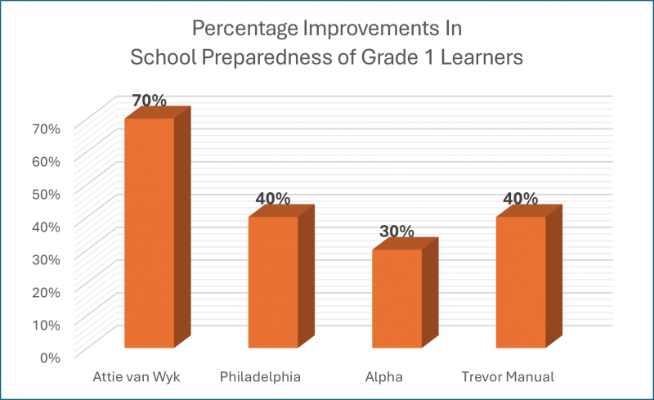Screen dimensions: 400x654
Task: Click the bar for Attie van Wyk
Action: pos(149,233)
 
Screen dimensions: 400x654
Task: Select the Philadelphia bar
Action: pos(273,282)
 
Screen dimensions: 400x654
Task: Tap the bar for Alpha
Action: pos(396,299)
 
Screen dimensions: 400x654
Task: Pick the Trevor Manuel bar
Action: pos(520,282)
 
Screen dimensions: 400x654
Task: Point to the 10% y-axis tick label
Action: pos(47,325)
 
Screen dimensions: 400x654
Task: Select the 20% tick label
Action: pos(47,292)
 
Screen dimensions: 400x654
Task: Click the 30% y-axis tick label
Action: pos(47,259)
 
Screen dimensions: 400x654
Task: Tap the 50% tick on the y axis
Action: pos(47,194)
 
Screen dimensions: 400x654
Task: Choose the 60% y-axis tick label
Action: pos(47,161)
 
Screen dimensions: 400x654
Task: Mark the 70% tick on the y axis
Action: pos(47,128)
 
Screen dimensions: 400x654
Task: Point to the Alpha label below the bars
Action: pos(384,377)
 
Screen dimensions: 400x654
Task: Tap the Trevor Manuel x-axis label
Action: pos(508,377)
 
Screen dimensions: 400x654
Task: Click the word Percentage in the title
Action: pos(237,30)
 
